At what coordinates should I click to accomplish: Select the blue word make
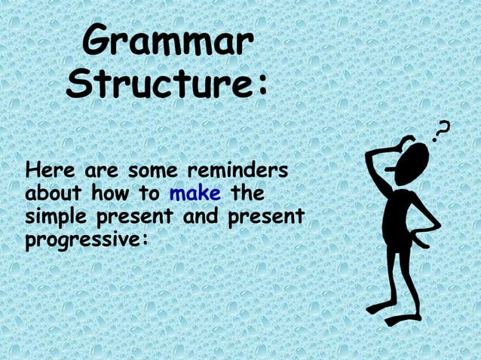pos(195,194)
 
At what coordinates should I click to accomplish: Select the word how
pos(112,194)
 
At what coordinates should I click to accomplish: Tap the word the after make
pos(247,194)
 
